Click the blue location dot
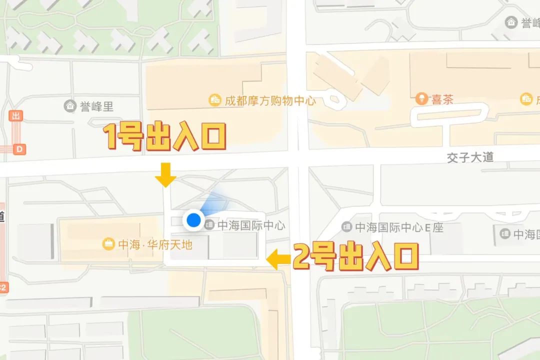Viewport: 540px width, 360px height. click(x=193, y=219)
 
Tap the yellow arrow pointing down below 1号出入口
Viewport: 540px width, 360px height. click(x=165, y=174)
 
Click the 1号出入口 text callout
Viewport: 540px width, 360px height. click(x=165, y=137)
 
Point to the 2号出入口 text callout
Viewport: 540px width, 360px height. click(x=355, y=256)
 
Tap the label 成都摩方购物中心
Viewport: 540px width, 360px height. click(x=270, y=100)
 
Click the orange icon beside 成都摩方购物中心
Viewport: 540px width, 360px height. click(x=215, y=100)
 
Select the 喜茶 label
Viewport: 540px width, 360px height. click(x=442, y=99)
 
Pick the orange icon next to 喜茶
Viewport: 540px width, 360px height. click(x=421, y=98)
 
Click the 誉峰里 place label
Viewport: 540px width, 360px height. click(x=97, y=106)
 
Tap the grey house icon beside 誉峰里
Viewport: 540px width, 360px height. click(x=70, y=106)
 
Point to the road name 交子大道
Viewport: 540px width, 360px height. click(x=470, y=157)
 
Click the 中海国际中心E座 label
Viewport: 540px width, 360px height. click(x=399, y=227)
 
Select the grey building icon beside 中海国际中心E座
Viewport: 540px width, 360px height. click(x=346, y=227)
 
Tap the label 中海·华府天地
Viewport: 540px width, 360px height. click(x=155, y=245)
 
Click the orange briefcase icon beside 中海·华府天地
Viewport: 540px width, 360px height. click(x=108, y=244)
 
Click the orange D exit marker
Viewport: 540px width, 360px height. click(x=20, y=149)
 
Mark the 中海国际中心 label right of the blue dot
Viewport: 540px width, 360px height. click(x=251, y=225)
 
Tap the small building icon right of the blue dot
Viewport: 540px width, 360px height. click(x=210, y=225)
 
